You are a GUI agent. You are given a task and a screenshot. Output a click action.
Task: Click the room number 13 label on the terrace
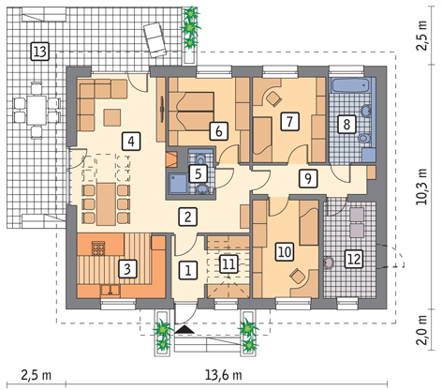40,52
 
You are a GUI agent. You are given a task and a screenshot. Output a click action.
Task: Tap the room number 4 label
131,142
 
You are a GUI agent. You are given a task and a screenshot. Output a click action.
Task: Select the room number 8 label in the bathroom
346,124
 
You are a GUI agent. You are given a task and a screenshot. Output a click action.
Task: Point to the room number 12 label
354,259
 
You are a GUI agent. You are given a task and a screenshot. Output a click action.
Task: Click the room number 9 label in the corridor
308,178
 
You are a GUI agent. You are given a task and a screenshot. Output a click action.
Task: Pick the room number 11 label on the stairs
228,264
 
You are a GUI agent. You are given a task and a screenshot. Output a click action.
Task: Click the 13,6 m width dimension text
223,375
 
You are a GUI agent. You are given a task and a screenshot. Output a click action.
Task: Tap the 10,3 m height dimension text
421,187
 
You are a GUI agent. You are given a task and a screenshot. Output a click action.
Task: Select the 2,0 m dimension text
421,330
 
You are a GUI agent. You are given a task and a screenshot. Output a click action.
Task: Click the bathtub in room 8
351,85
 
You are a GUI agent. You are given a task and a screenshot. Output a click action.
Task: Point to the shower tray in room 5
178,184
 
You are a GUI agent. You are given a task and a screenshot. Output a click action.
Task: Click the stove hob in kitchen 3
99,248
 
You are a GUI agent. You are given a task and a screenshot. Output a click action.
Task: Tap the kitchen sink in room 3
110,291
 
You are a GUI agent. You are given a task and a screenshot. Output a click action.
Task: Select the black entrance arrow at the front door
184,329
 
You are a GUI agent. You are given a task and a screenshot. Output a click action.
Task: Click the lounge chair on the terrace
155,40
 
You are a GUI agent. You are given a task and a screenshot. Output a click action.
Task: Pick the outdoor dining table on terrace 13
37,111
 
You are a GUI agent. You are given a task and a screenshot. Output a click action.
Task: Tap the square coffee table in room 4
112,117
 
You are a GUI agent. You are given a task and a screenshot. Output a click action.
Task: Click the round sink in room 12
329,262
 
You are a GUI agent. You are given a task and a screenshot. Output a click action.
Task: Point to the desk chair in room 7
273,98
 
